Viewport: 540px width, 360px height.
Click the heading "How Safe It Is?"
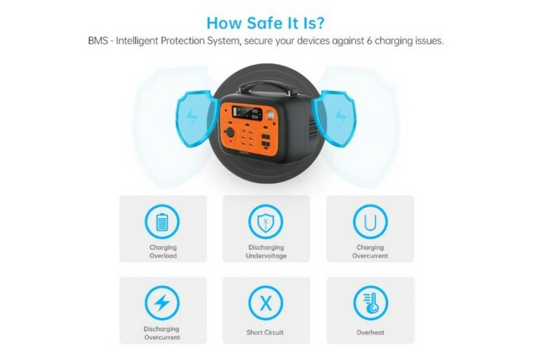point(265,23)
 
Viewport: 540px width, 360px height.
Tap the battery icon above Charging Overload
point(162,221)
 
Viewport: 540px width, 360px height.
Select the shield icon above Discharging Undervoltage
point(265,221)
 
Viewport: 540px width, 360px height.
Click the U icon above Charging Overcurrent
point(370,221)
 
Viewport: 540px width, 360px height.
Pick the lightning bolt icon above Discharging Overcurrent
point(162,303)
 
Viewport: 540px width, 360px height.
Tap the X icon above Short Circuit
point(265,303)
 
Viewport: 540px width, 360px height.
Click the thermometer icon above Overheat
point(371,303)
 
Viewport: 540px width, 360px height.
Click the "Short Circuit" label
point(265,333)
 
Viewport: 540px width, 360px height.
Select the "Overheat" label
point(370,333)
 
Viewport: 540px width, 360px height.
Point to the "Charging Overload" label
point(163,252)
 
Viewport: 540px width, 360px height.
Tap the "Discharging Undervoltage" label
point(266,252)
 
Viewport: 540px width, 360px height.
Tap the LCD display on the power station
point(247,112)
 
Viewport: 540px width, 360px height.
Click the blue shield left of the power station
point(196,119)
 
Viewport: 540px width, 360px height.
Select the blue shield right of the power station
point(334,119)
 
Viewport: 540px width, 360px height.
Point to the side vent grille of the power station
point(313,130)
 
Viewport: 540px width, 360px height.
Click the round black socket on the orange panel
point(230,132)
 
